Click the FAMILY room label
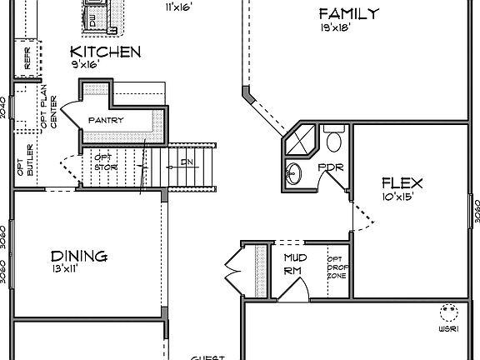point(349,13)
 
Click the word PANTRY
point(106,120)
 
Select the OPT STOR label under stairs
point(103,161)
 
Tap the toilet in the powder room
point(335,137)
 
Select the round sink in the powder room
point(294,174)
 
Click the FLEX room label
point(402,183)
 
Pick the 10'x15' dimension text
point(397,197)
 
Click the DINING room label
point(78,256)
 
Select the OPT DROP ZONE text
point(337,267)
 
